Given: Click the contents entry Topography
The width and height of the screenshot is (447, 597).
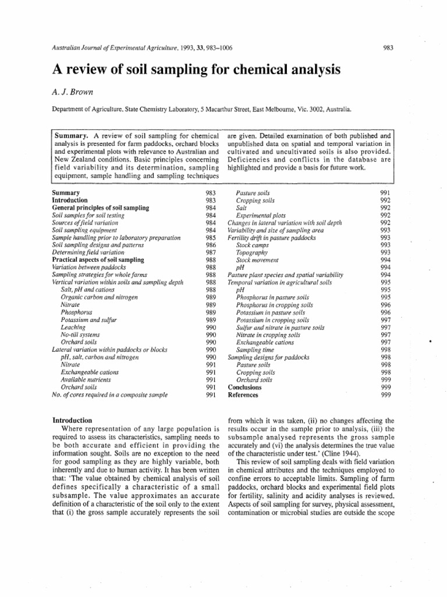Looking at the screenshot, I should (252, 252).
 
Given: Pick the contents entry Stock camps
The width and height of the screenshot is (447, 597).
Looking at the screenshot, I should (254, 245).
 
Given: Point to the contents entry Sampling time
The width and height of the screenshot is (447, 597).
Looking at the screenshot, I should (256, 350).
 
